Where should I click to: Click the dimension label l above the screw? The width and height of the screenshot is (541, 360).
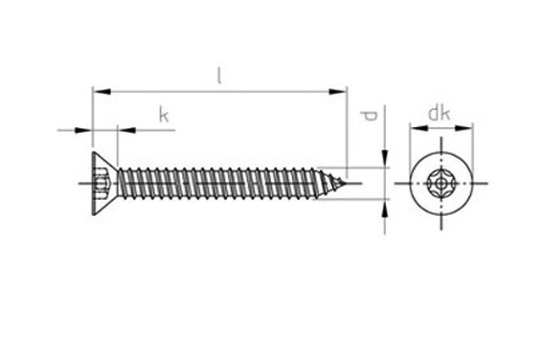coord(219,75)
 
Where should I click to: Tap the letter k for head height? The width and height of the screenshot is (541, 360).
coord(164,115)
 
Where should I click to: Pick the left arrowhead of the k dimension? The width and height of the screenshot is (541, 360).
coord(86,130)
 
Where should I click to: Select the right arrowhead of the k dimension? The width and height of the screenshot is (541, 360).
coord(124,130)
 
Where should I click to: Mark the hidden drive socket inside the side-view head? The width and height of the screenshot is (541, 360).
coord(104,182)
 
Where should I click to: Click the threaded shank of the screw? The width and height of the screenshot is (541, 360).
coord(220,182)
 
